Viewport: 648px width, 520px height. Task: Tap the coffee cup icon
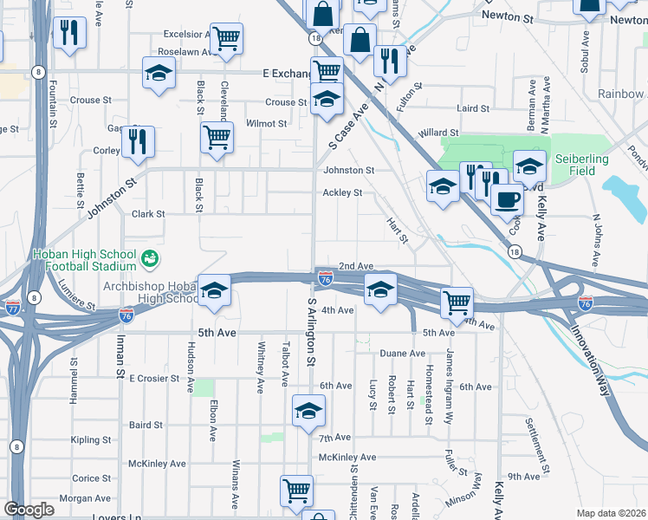pyautogui.click(x=507, y=198)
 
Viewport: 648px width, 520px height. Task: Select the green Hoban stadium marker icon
pyautogui.click(x=150, y=257)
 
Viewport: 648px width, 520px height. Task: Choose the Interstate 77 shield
pyautogui.click(x=13, y=308)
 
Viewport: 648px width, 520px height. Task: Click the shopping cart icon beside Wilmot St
pyautogui.click(x=216, y=136)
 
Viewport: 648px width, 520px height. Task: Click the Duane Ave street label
pyautogui.click(x=403, y=354)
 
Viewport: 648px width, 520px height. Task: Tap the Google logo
pyautogui.click(x=29, y=510)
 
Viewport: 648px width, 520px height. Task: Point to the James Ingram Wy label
pyautogui.click(x=450, y=373)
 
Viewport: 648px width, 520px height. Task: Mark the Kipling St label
pyautogui.click(x=92, y=440)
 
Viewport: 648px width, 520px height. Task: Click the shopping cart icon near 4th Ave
pyautogui.click(x=457, y=303)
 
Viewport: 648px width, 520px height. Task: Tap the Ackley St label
pyautogui.click(x=341, y=192)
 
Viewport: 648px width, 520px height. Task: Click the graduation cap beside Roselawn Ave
pyautogui.click(x=159, y=75)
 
